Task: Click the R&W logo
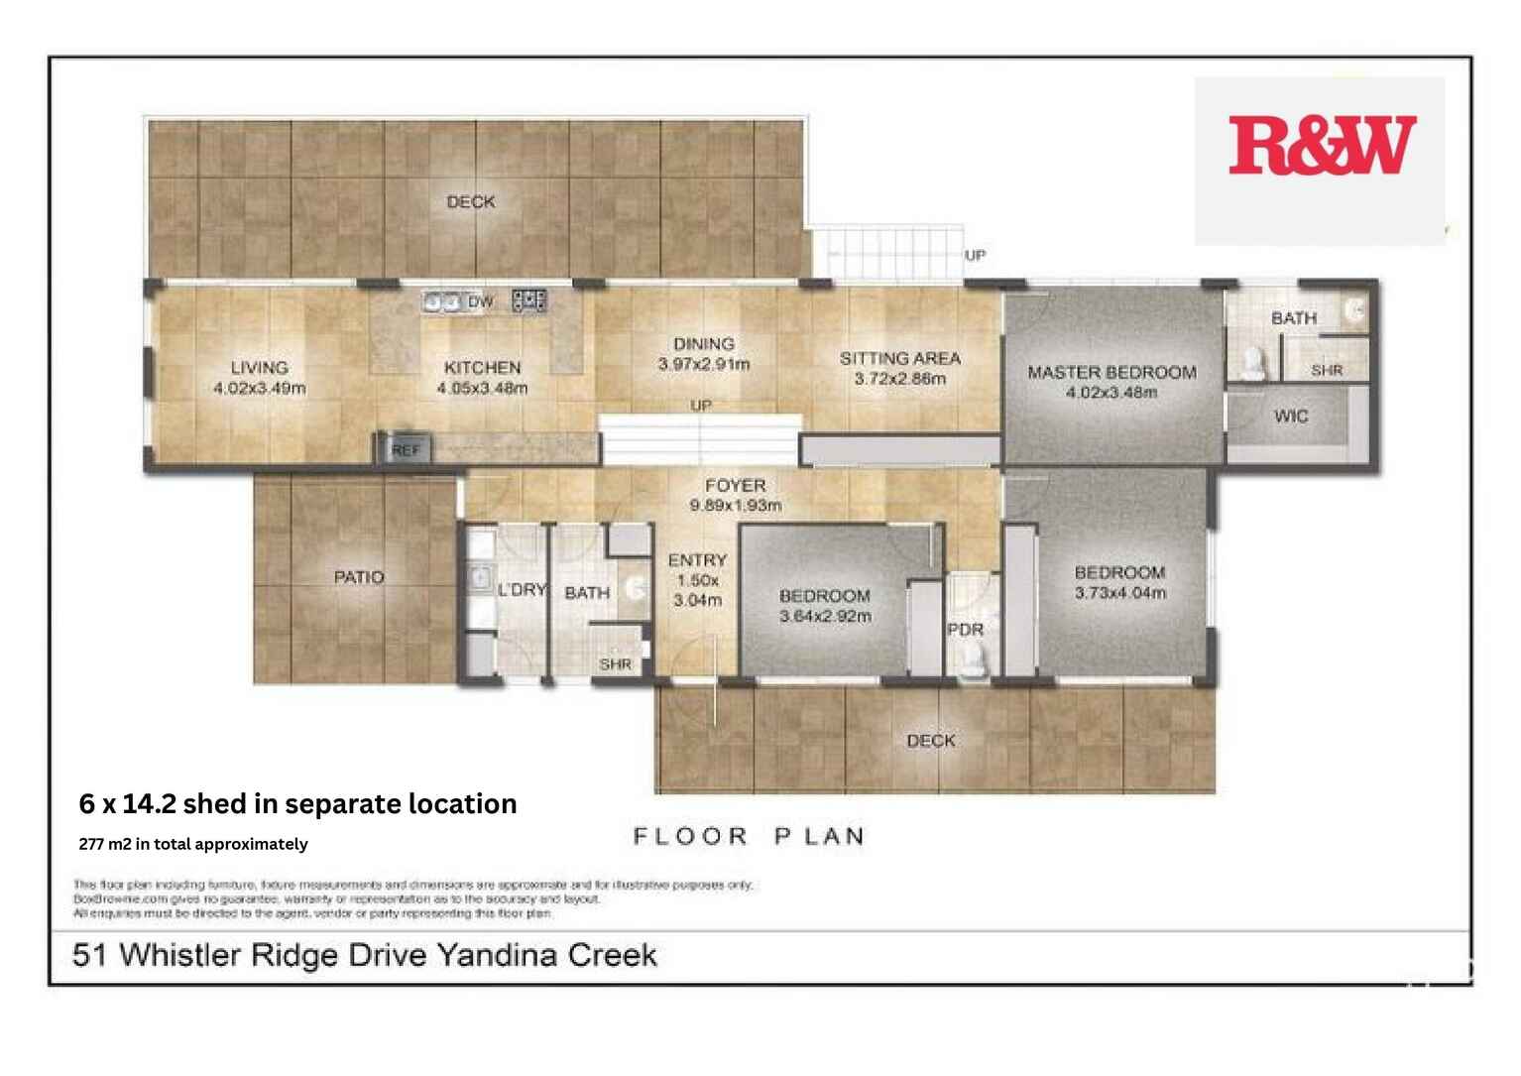pyautogui.click(x=1321, y=147)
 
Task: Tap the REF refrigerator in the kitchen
pyautogui.click(x=405, y=450)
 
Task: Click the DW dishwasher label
pyautogui.click(x=480, y=301)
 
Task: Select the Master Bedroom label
pyautogui.click(x=1111, y=373)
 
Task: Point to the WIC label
pyautogui.click(x=1290, y=417)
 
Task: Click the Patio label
pyautogui.click(x=359, y=577)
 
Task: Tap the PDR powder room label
pyautogui.click(x=965, y=630)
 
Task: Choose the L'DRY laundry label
pyautogui.click(x=522, y=590)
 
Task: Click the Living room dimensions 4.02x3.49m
pyautogui.click(x=260, y=389)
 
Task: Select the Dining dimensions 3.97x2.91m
pyautogui.click(x=704, y=364)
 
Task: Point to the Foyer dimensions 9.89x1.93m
pyautogui.click(x=736, y=506)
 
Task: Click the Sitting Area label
pyautogui.click(x=900, y=358)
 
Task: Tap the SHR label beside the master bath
pyautogui.click(x=1327, y=370)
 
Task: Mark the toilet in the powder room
pyautogui.click(x=974, y=661)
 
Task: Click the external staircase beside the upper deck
pyautogui.click(x=888, y=251)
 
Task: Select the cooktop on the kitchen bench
pyautogui.click(x=529, y=299)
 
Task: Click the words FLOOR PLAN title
pyautogui.click(x=749, y=837)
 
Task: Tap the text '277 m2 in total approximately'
pyautogui.click(x=193, y=844)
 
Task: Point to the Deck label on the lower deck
pyautogui.click(x=931, y=741)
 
